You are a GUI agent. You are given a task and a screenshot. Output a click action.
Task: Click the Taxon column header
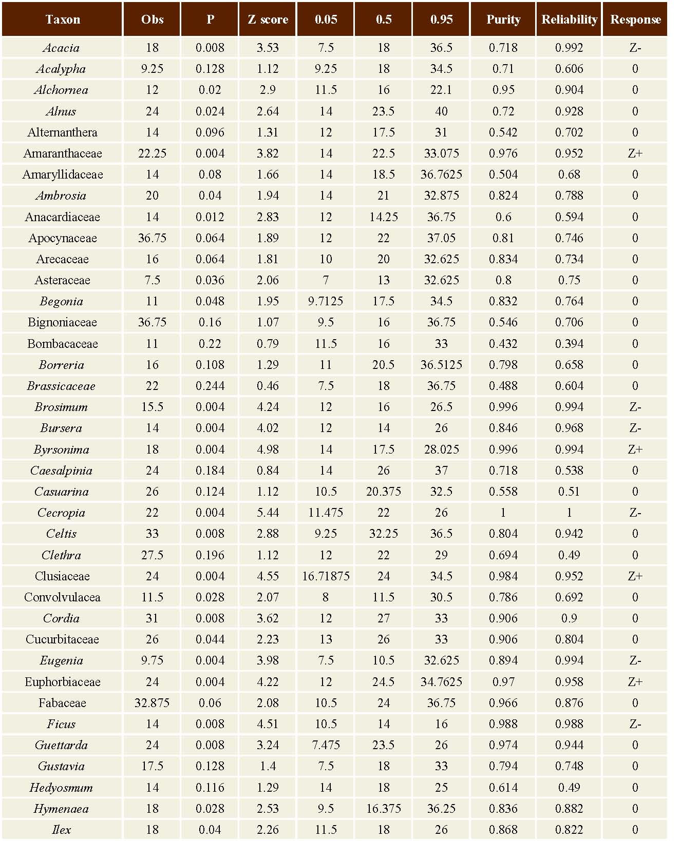[x=63, y=19]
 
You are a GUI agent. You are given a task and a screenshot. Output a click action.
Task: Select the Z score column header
[x=268, y=19]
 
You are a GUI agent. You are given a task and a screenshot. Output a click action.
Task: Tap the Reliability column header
[x=570, y=19]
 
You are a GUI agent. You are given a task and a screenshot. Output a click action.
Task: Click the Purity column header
[x=503, y=19]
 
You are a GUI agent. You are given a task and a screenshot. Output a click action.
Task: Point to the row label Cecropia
[x=62, y=513]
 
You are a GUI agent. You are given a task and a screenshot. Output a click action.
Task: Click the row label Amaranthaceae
[x=63, y=153]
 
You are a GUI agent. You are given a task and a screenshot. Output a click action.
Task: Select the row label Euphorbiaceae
[x=63, y=682]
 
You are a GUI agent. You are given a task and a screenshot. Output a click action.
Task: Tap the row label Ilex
[x=62, y=830]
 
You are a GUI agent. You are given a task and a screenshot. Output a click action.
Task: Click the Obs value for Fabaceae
[x=152, y=703]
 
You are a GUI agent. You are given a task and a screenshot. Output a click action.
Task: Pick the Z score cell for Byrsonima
[x=268, y=449]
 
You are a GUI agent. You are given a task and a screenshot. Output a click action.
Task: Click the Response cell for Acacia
[x=635, y=48]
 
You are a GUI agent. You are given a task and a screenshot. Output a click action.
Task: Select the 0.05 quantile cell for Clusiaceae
[x=326, y=576]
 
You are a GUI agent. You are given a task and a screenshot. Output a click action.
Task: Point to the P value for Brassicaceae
[x=210, y=386]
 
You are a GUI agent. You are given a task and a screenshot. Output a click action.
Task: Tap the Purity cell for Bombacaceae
[x=503, y=344]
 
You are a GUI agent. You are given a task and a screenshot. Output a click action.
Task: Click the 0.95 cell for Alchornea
[x=441, y=90]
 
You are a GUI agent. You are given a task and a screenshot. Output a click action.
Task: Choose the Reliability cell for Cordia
[x=569, y=618]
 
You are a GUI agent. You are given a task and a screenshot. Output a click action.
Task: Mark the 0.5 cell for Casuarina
[x=384, y=492]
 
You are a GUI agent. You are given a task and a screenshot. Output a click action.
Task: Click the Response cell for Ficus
[x=635, y=724]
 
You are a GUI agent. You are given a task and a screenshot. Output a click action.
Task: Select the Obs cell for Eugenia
[x=152, y=660]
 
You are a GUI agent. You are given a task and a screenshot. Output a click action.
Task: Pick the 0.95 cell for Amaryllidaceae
[x=441, y=174]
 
